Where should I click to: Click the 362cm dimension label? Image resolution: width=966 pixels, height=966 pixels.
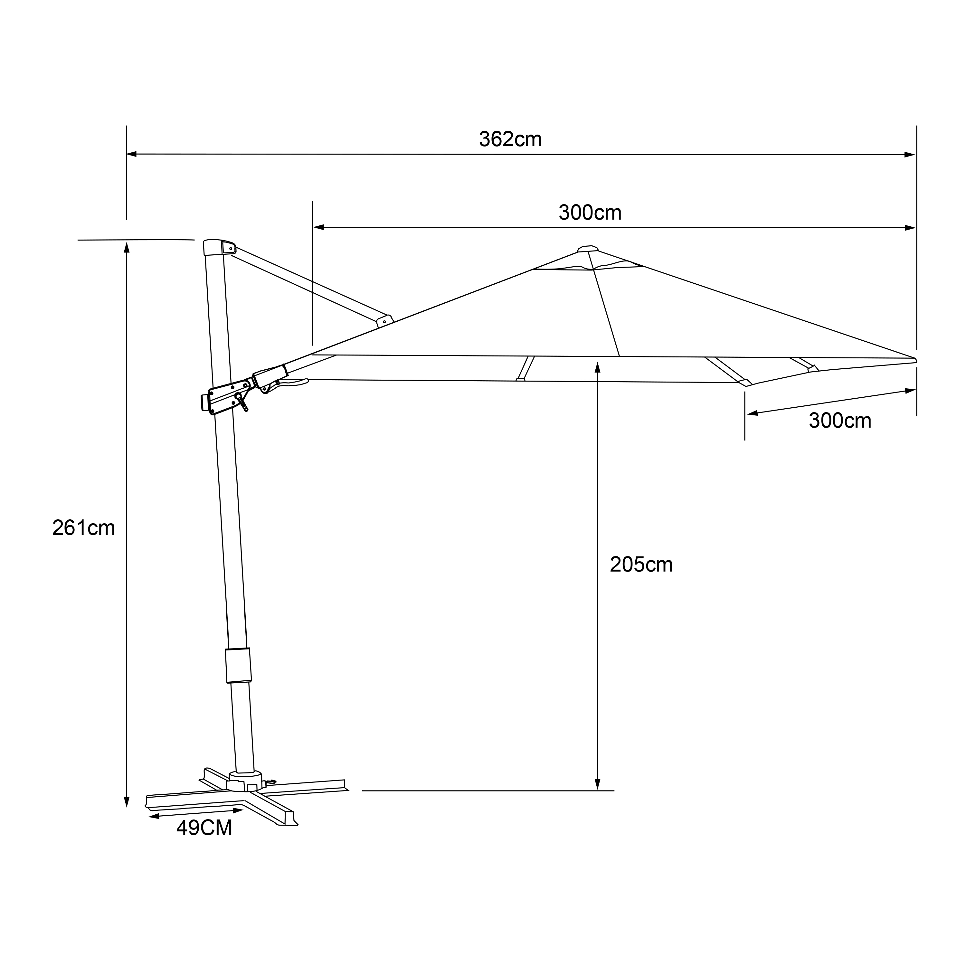510,139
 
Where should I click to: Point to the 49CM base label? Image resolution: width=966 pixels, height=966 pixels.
204,828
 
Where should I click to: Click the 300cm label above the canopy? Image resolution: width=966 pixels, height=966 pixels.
590,213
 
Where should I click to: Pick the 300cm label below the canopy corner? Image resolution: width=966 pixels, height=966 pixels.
840,421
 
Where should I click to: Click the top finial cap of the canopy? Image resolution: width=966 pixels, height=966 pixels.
588,249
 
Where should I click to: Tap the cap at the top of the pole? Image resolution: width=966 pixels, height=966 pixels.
219,247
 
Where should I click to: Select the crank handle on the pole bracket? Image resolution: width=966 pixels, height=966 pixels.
242,402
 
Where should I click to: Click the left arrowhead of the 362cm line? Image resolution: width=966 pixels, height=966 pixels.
131,154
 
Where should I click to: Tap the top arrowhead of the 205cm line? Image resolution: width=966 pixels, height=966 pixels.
598,367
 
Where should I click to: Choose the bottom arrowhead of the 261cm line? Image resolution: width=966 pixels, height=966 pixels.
127,801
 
